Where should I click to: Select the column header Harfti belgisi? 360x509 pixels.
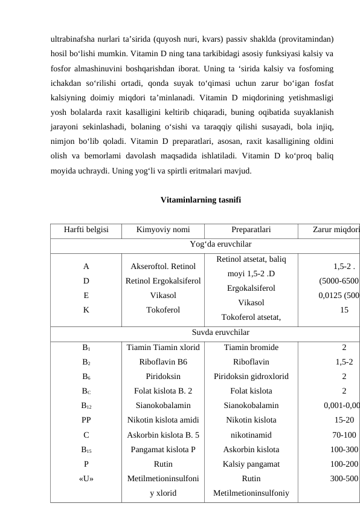(86, 230)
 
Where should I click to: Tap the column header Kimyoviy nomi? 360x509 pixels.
(162, 230)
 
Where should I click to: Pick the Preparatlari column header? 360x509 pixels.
(251, 230)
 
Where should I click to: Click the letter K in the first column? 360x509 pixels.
(86, 310)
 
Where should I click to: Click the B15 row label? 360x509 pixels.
(86, 449)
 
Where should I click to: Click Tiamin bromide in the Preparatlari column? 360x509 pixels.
(251, 348)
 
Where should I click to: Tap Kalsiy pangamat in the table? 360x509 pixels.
(251, 464)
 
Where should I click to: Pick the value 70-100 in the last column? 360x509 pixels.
(344, 435)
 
